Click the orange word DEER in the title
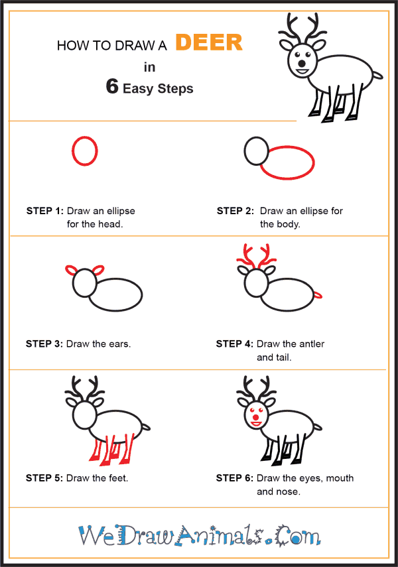209,42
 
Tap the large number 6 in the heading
112,86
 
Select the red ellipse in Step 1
72,151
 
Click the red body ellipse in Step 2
313,162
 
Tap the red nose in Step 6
256,418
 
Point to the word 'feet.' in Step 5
118,478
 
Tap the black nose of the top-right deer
301,64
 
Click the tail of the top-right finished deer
377,75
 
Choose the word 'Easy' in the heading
138,89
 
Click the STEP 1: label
45,211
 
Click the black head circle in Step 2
245,151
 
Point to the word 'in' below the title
149,67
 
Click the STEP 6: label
234,478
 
